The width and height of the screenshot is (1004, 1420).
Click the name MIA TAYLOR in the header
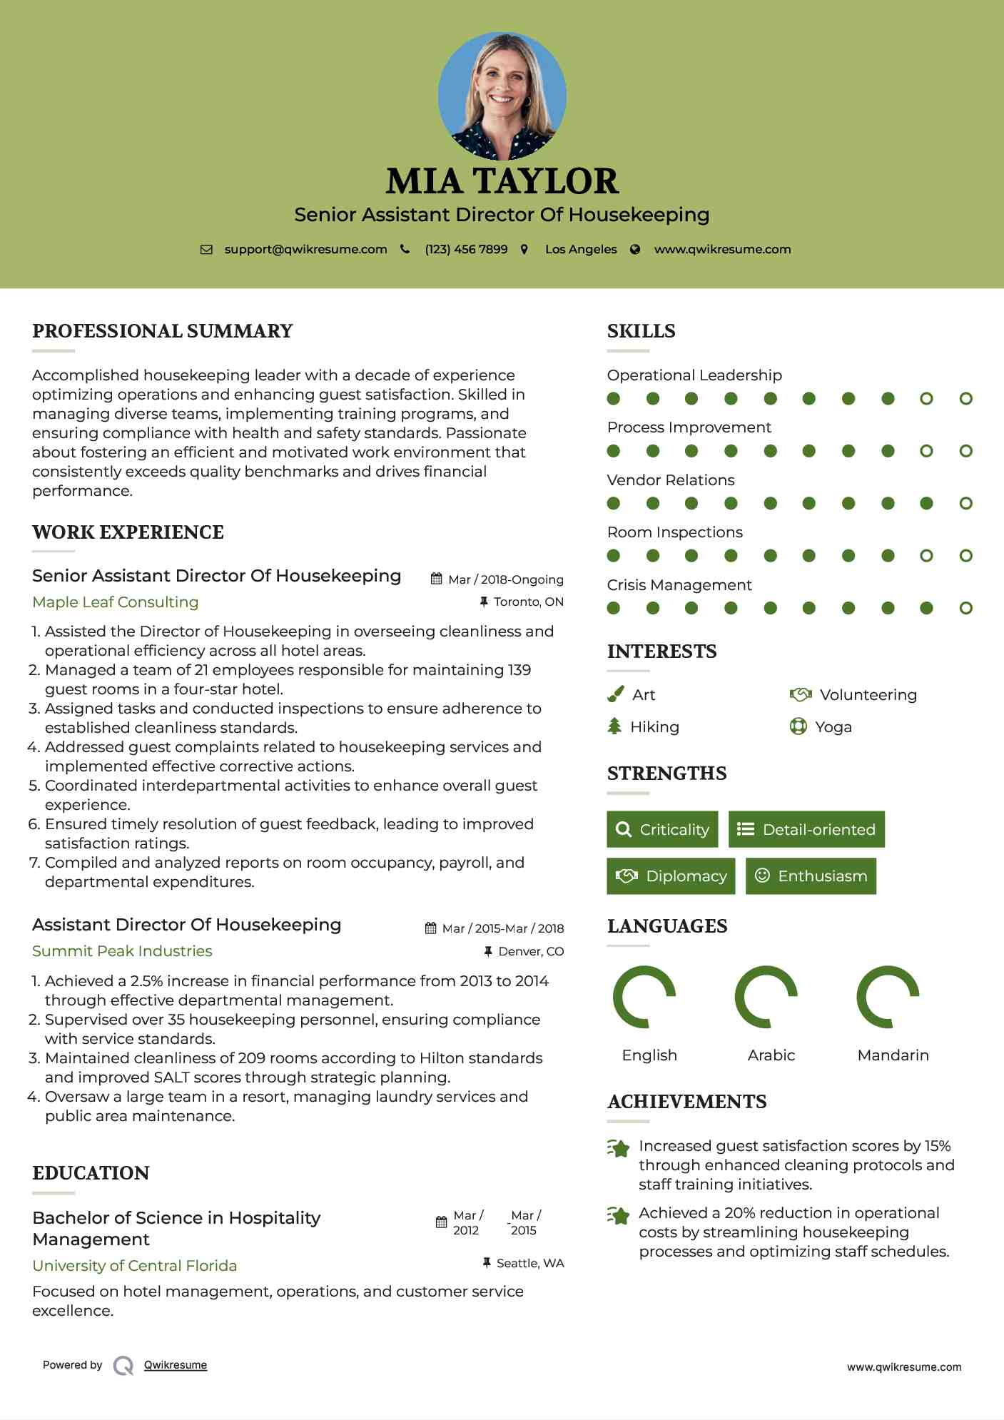point(502,181)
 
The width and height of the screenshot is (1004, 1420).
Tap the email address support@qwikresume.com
point(305,249)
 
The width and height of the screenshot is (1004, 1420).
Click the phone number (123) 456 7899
point(466,249)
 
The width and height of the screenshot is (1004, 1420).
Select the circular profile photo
point(502,96)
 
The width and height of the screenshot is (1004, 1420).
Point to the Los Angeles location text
point(580,249)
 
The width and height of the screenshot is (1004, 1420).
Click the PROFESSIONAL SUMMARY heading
point(163,331)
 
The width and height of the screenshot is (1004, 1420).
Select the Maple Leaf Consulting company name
point(116,602)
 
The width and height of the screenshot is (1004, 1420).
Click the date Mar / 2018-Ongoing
point(505,579)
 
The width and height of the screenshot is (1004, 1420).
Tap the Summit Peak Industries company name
point(122,950)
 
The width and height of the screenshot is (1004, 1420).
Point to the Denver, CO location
point(530,951)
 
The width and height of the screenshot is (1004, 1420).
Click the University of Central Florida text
point(135,1265)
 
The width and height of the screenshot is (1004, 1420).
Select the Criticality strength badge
point(662,829)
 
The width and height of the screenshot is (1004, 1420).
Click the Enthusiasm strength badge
point(811,876)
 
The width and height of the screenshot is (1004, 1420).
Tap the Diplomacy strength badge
point(671,876)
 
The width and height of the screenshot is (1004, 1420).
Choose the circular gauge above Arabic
point(766,997)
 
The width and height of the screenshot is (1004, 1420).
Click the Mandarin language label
point(893,1055)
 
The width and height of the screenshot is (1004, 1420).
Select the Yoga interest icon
point(798,726)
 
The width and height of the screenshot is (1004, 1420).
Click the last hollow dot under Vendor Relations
point(965,503)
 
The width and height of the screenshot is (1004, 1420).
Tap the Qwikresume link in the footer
point(176,1365)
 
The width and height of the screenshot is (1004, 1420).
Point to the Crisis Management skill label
point(679,584)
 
